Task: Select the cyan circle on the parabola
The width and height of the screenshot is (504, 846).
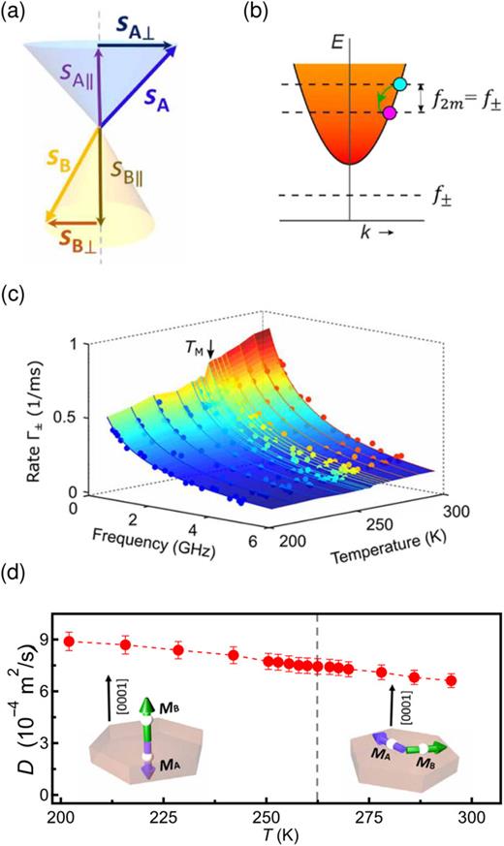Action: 400,84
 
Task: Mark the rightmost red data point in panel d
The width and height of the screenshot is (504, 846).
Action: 451,681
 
